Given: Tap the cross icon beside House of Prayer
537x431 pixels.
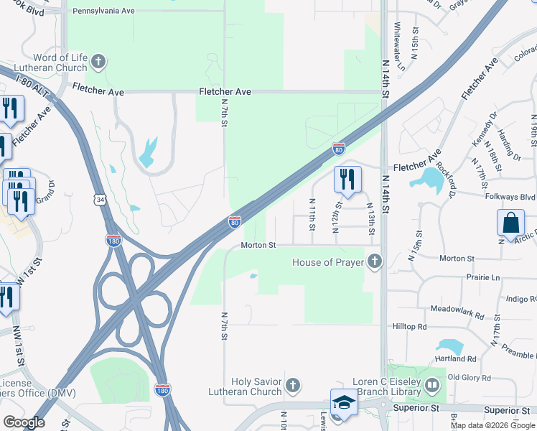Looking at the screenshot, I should click(373, 262).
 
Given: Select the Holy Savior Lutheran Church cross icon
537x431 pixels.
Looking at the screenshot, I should click(292, 386).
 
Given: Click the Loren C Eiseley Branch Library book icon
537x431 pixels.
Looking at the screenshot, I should click(431, 386).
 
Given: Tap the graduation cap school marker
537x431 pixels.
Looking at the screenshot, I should click(344, 403).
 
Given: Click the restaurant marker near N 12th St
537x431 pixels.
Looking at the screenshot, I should click(347, 180).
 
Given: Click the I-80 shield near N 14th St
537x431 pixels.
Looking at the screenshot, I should click(339, 149).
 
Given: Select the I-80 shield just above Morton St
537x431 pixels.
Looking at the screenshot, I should click(235, 222).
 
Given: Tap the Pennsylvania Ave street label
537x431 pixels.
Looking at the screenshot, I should click(104, 11).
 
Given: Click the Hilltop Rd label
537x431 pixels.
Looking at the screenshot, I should click(410, 326).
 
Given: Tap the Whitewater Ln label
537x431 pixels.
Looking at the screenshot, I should click(401, 46).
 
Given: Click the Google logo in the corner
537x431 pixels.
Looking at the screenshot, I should click(24, 422).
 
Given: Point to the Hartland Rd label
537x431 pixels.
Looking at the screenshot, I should click(456, 358).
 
